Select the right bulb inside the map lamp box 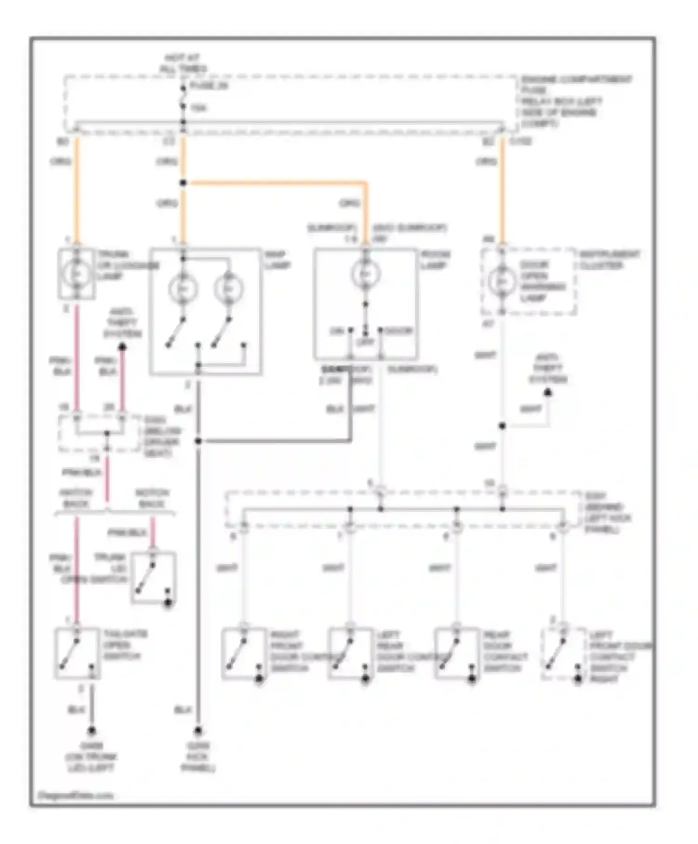point(228,289)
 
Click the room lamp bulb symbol point(365,274)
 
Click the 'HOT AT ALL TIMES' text point(182,64)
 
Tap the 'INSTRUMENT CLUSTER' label point(609,260)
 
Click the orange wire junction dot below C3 point(183,183)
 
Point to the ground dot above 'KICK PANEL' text point(198,730)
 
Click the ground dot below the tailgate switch point(92,730)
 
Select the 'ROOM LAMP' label point(436,260)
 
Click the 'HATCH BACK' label point(76,498)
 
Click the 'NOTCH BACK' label point(152,498)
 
